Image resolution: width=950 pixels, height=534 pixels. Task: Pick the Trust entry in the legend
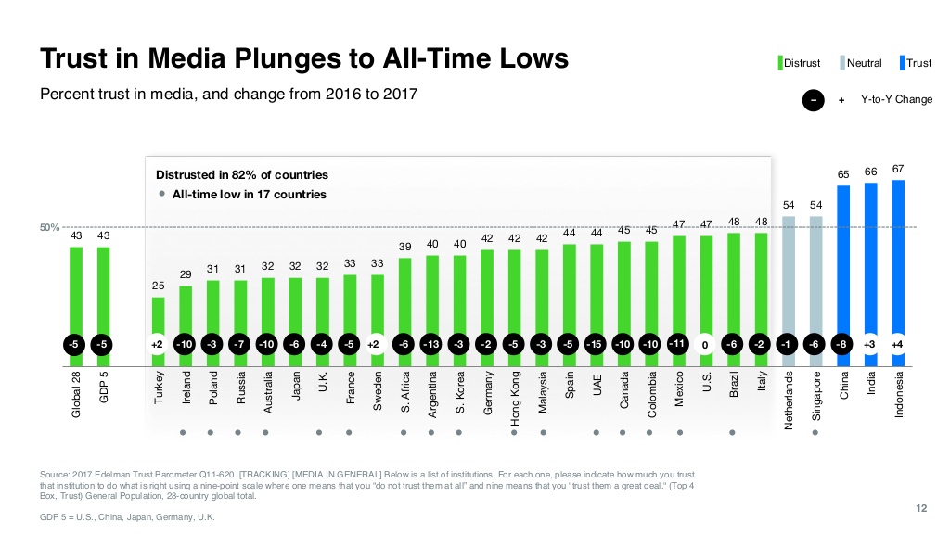pyautogui.click(x=915, y=63)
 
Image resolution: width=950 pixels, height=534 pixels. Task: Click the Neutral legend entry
pyautogui.click(x=860, y=63)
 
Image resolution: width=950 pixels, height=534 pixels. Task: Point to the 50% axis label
pyautogui.click(x=49, y=227)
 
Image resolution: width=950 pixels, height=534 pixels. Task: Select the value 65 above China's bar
pyautogui.click(x=843, y=174)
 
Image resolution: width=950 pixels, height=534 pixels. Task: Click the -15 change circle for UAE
pyautogui.click(x=597, y=345)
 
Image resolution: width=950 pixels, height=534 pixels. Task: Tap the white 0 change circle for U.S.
pyautogui.click(x=706, y=345)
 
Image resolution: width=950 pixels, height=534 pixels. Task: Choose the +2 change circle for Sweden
pyautogui.click(x=377, y=345)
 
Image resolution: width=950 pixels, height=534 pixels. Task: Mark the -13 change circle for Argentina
pyautogui.click(x=431, y=345)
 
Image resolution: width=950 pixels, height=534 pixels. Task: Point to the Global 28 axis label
pyautogui.click(x=76, y=393)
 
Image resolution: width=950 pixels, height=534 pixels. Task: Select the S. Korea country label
pyautogui.click(x=460, y=393)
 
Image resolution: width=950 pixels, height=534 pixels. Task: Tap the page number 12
pyautogui.click(x=921, y=506)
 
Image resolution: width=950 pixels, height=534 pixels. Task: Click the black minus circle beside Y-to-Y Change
pyautogui.click(x=813, y=99)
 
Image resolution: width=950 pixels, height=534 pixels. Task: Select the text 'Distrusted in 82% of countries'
pyautogui.click(x=241, y=175)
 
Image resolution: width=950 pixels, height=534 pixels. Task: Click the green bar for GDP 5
pyautogui.click(x=103, y=288)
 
